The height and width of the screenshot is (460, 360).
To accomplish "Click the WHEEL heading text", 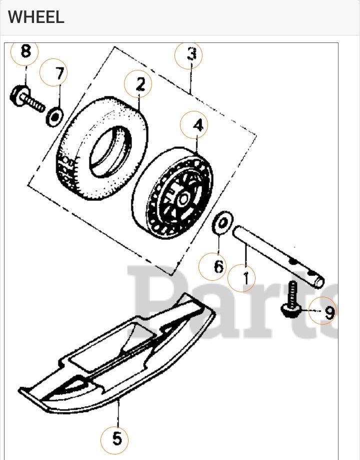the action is (x=36, y=17).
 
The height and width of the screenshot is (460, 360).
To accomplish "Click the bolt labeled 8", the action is (x=27, y=98).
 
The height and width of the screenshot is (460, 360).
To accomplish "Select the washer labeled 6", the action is (x=222, y=223).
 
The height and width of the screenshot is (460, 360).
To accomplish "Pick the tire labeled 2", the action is (x=101, y=148).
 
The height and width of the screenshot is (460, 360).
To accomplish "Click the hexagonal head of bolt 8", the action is (x=18, y=95).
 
